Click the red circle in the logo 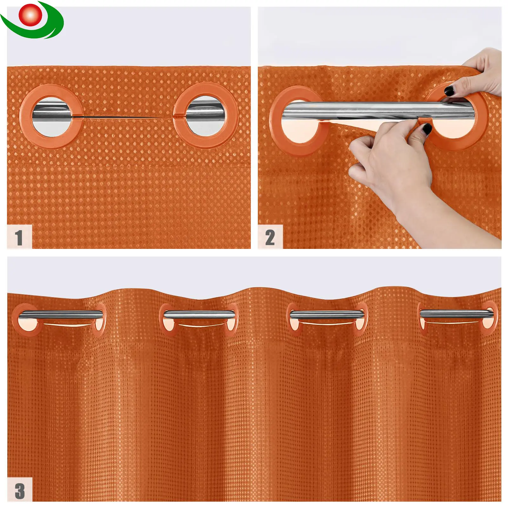coord(30,15)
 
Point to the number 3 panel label coord(20,491)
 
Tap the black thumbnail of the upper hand coord(449,91)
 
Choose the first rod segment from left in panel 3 coord(61,315)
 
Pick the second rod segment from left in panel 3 coord(199,315)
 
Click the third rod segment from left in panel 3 coord(327,314)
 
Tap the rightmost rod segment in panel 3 coord(457,314)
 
